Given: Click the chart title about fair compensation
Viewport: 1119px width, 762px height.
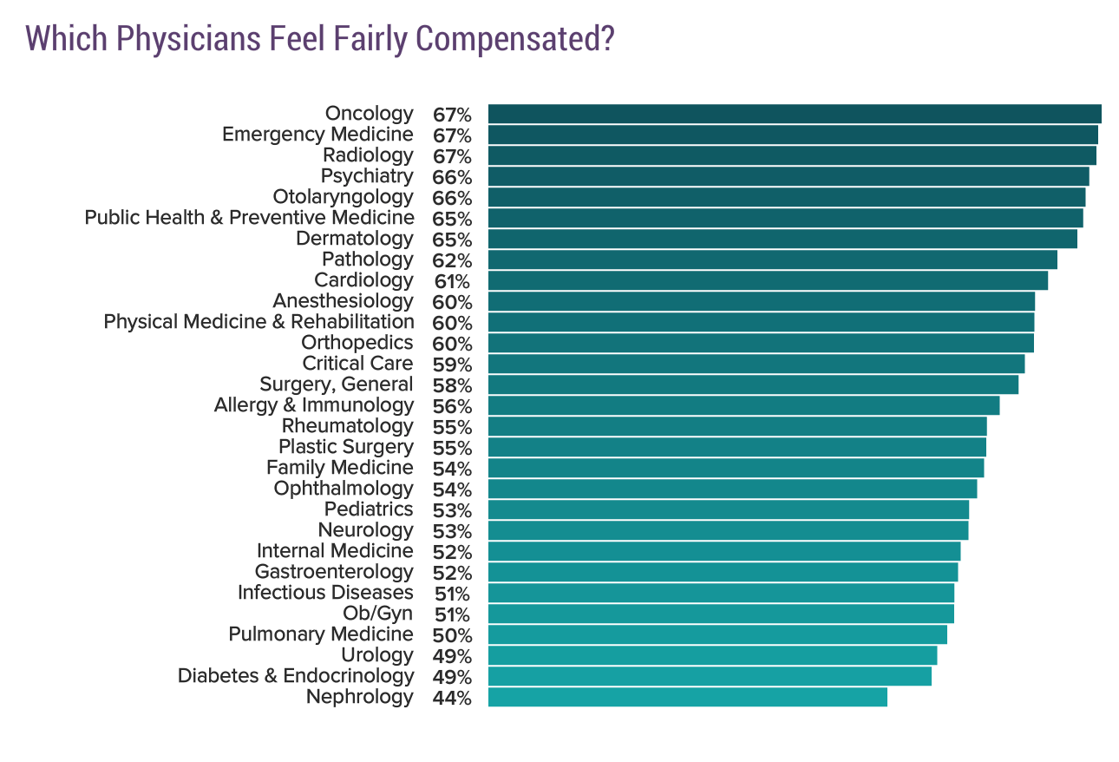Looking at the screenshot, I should tap(320, 39).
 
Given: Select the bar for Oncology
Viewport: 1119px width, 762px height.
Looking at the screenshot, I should tap(794, 114).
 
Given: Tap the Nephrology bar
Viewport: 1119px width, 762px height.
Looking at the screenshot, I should tap(687, 697).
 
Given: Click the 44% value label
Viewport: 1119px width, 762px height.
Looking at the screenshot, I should tap(451, 698).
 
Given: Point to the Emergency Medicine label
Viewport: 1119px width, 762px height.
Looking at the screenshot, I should tap(317, 135).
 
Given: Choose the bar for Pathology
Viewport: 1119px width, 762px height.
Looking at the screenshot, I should tap(772, 259).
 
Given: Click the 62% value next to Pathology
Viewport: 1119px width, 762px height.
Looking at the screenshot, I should tap(451, 260).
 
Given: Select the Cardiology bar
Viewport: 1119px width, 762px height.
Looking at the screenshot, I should tap(768, 280).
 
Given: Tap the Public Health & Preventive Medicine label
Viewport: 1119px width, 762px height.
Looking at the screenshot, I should tap(249, 218).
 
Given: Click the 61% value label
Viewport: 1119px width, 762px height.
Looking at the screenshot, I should tap(451, 281).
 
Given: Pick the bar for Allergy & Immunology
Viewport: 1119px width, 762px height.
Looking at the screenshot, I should tap(743, 405).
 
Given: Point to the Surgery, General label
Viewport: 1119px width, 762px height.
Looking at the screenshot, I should tap(336, 384).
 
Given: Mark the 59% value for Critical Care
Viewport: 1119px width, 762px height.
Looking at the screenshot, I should tap(451, 365).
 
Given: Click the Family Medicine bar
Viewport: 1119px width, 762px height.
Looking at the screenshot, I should tap(736, 468).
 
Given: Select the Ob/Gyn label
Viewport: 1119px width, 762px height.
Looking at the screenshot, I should tap(377, 614).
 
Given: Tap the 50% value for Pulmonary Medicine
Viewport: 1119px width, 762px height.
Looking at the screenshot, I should tap(451, 635).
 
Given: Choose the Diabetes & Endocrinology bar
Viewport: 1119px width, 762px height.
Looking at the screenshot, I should tap(710, 676).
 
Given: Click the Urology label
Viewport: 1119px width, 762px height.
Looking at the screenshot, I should tap(376, 655).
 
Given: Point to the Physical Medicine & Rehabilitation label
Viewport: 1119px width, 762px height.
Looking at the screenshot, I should tap(258, 322).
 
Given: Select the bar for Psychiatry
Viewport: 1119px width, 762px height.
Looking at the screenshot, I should tap(789, 176).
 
